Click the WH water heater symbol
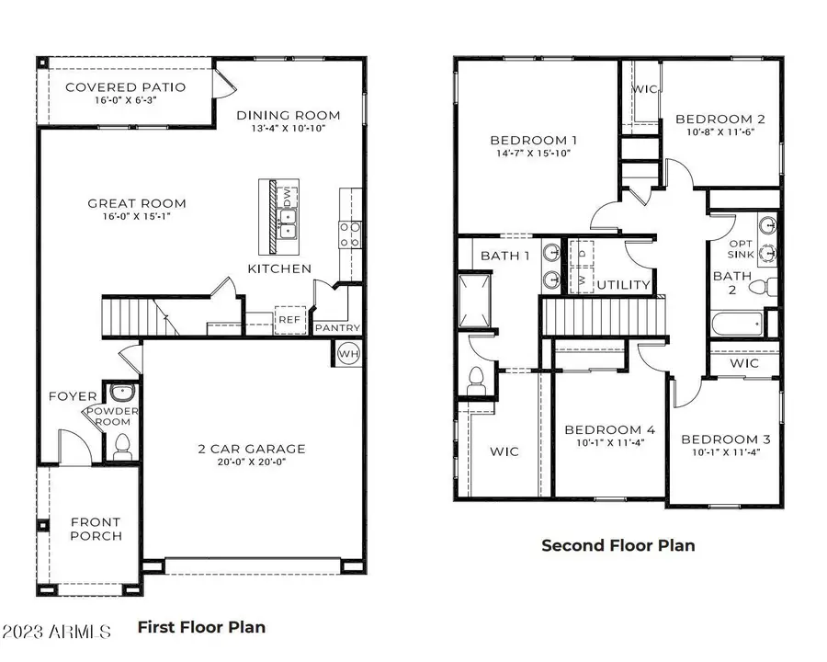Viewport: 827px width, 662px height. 348,353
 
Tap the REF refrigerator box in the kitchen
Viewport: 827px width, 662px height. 289,318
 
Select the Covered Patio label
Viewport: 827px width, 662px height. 125,87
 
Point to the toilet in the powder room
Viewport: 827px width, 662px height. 120,449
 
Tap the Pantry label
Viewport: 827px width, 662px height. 337,328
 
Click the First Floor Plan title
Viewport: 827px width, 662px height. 201,627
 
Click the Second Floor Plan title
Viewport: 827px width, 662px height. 617,545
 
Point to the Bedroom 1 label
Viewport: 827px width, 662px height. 533,140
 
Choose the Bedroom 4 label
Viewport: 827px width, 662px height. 609,429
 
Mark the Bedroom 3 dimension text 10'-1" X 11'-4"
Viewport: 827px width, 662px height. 726,452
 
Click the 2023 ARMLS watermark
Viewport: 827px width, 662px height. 56,633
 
